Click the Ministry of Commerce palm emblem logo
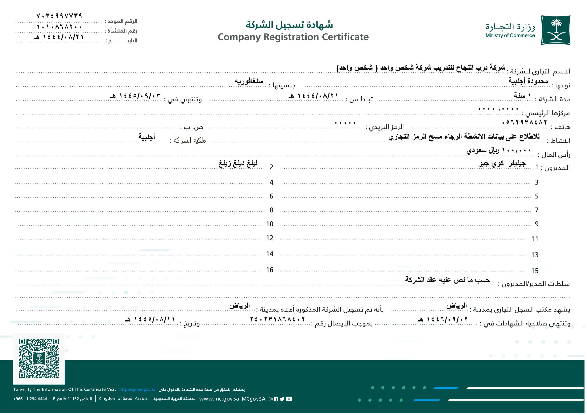555,30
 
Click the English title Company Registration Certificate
293,37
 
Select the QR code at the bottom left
39,358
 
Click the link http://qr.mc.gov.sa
137,389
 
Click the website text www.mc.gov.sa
219,399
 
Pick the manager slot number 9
537,224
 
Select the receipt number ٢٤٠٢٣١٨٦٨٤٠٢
277,319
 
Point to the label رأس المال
556,155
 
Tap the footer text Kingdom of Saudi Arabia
123,398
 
